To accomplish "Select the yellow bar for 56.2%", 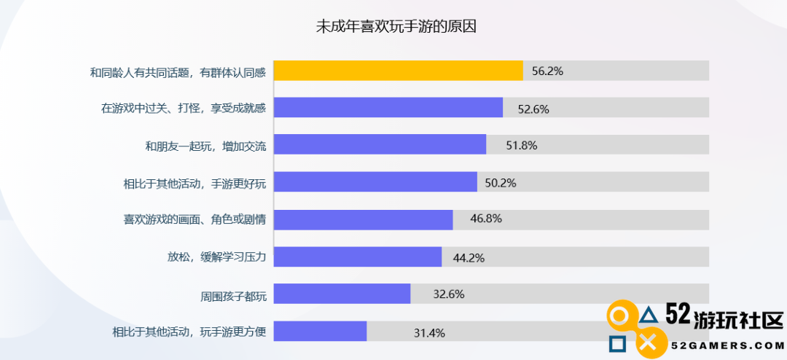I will pos(398,71).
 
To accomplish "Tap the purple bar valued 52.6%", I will pos(388,108).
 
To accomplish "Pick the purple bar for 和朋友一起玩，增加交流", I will pos(380,144).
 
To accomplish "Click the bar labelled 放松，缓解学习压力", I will pos(357,257).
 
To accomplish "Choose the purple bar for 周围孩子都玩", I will pos(342,294).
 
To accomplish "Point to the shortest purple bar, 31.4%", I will pos(320,331).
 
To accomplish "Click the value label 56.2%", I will pos(547,71).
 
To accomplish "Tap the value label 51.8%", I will pos(521,145).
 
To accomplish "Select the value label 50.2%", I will pos(501,183).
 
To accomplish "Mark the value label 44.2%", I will pos(469,257).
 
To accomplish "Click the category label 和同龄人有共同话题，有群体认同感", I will pos(178,71).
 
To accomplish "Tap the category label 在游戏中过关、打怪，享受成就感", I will pos(184,109).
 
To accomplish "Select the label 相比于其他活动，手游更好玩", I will pos(195,183).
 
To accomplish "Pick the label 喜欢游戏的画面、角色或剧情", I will pos(195,219).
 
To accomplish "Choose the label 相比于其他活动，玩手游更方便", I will pos(189,332).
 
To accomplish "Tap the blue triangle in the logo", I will pos(649,316).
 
